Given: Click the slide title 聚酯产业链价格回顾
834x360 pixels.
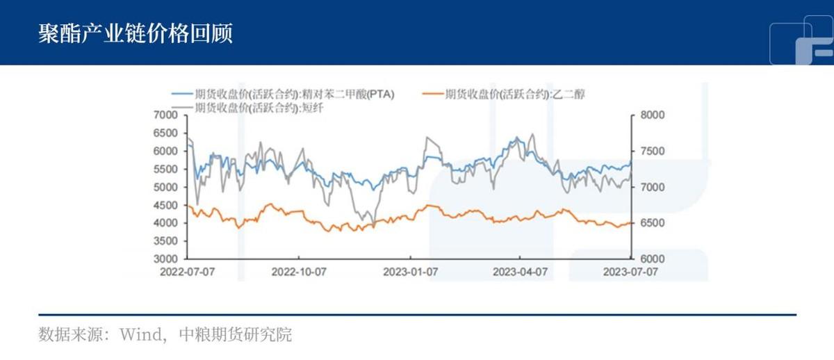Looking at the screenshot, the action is (x=136, y=33).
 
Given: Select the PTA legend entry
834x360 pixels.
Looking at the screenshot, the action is (x=283, y=95).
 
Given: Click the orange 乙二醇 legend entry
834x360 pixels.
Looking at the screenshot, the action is (x=504, y=95).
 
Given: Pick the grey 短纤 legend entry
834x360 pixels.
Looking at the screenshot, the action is (x=247, y=108).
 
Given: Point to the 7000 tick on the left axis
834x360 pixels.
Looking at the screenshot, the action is (x=165, y=115).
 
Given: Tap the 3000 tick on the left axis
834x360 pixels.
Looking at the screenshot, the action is (x=165, y=259).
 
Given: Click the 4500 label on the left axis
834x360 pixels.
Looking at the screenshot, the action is (x=165, y=205).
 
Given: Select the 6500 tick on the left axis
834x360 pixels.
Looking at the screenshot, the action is (x=165, y=133).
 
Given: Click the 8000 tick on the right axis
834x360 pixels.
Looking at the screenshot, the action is (x=653, y=115).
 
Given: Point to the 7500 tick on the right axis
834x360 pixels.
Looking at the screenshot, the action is (x=653, y=151).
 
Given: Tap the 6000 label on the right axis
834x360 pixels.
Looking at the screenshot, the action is (x=653, y=259).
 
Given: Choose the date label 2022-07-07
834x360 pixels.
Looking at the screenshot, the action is (x=187, y=272).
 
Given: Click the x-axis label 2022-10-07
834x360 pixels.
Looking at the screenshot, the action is (x=299, y=272).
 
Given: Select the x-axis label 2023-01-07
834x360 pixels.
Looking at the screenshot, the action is (x=410, y=272).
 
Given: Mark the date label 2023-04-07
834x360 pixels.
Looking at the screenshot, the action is (x=520, y=272).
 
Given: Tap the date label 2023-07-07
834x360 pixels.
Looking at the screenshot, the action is (x=630, y=272).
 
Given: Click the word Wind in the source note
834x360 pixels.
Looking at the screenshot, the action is (x=141, y=335).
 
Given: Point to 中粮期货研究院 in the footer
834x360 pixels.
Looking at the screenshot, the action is (x=236, y=335).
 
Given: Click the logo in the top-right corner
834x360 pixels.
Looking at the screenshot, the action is (x=801, y=40).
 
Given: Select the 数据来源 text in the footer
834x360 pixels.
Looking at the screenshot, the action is (x=70, y=335).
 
